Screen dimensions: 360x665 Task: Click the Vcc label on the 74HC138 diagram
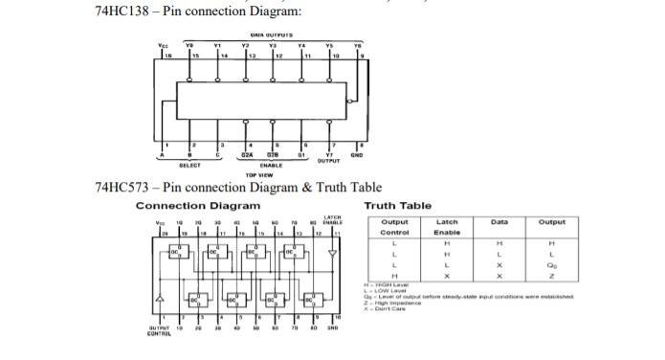point(162,44)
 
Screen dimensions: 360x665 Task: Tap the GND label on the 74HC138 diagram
point(357,154)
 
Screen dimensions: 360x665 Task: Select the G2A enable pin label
point(246,155)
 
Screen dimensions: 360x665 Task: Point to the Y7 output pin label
point(330,154)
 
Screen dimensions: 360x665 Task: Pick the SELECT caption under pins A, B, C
point(189,166)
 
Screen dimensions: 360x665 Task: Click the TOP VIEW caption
point(258,175)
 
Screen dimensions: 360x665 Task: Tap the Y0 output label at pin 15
point(188,44)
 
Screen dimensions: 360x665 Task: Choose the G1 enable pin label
point(302,155)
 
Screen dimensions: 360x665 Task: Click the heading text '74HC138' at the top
point(122,11)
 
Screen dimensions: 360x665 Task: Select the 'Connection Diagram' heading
point(197,206)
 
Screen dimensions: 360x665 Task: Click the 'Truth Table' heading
point(397,206)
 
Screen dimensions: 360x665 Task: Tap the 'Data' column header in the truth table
point(499,222)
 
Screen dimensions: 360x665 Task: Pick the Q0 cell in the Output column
point(551,264)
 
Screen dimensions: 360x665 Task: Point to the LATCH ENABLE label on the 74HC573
point(333,219)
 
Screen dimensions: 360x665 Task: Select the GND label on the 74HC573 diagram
point(333,328)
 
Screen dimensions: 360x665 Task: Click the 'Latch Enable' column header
point(447,227)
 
